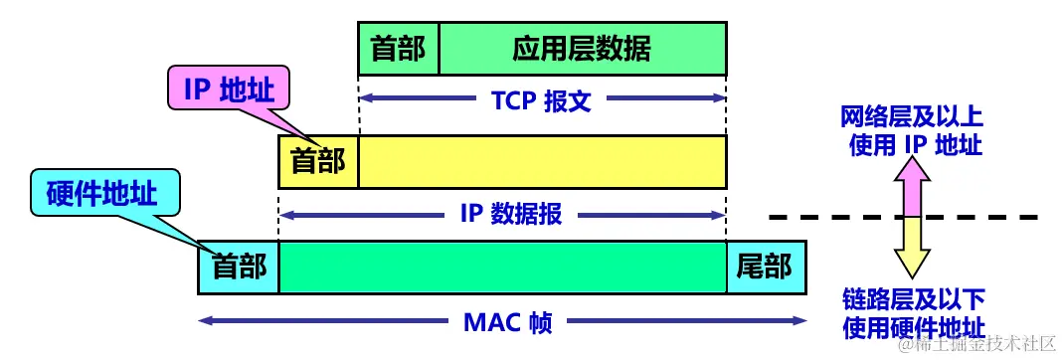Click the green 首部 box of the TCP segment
398,49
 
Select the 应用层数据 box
583,49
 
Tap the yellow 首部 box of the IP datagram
318,161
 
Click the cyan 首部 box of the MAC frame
239,267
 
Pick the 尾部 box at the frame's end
765,267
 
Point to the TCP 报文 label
542,99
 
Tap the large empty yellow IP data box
542,161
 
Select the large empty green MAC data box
502,267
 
